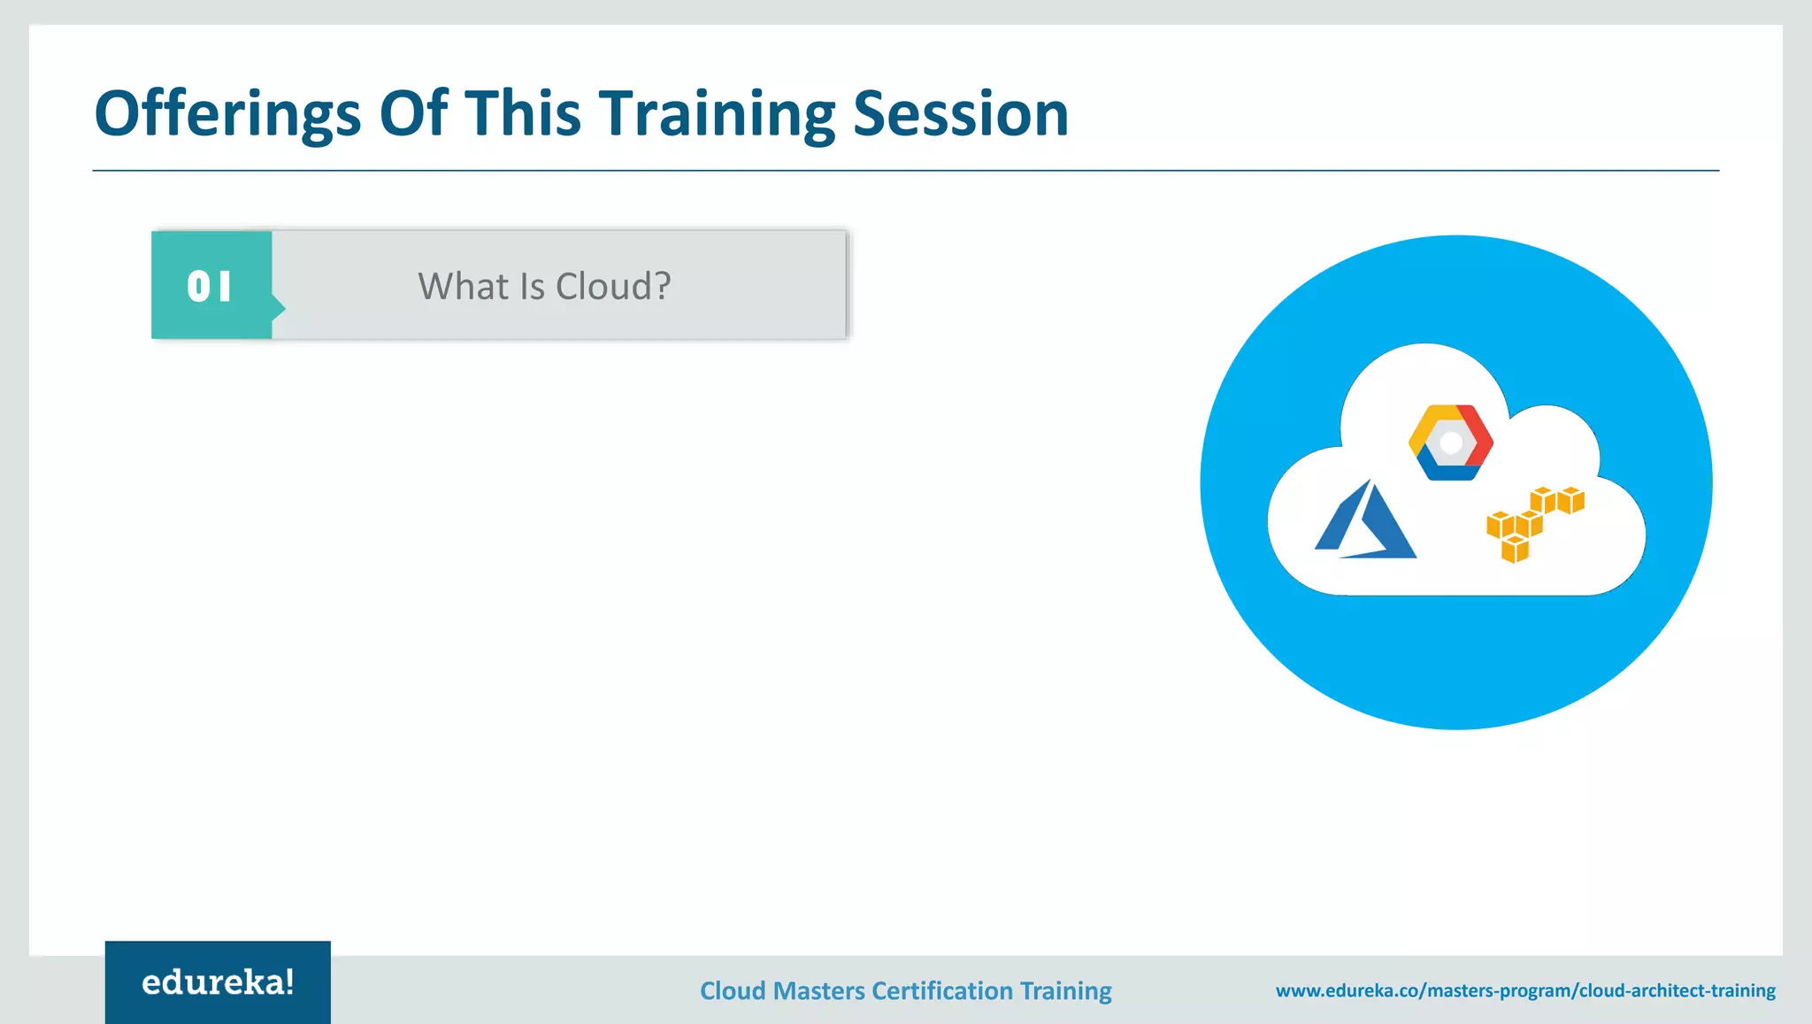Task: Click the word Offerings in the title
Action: click(227, 115)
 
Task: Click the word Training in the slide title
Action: click(717, 115)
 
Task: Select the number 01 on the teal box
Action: click(210, 287)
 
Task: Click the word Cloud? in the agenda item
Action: click(613, 287)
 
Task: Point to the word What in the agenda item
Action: click(463, 287)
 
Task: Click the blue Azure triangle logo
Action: click(1364, 522)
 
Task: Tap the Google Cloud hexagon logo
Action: click(1451, 443)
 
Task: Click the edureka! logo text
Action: click(218, 982)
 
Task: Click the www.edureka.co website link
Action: click(1525, 990)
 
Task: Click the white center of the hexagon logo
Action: click(1451, 443)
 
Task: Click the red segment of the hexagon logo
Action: click(1478, 434)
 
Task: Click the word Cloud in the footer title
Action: click(733, 991)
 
